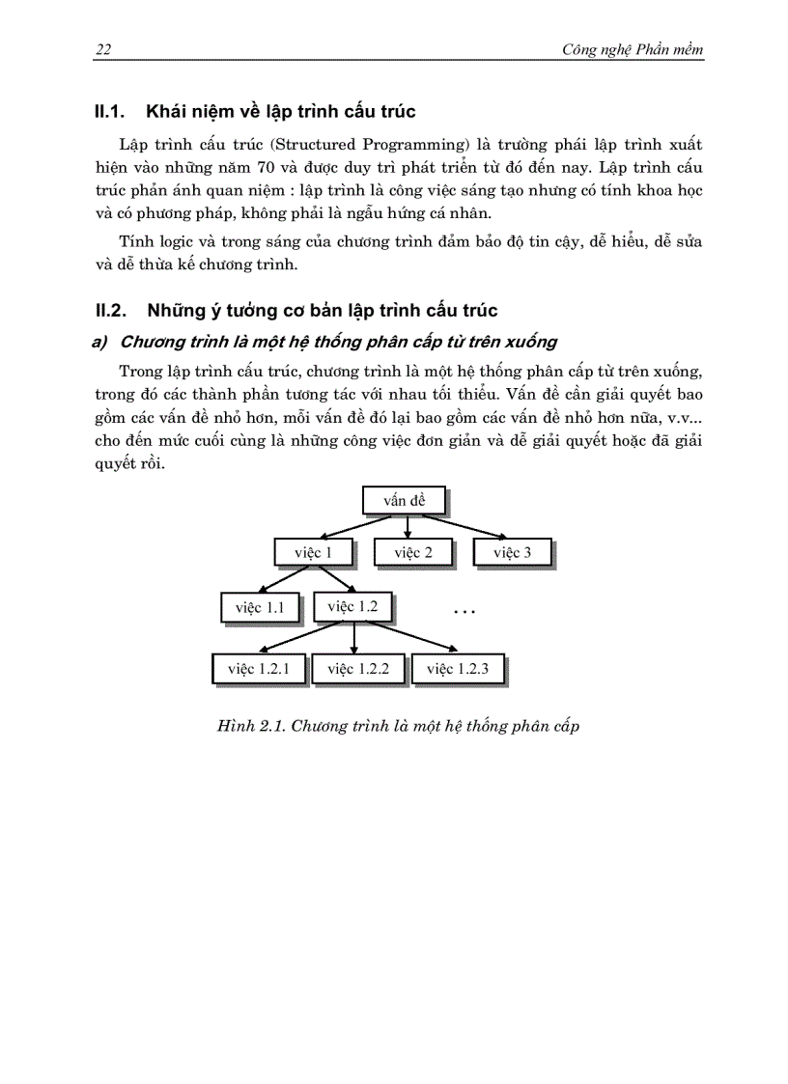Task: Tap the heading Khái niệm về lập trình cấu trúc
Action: coord(280,112)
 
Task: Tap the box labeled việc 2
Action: coord(412,552)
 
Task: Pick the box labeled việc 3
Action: coord(512,552)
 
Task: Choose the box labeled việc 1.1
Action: coord(261,608)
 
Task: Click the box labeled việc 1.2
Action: coord(353,606)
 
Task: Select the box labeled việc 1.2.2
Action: coord(357,668)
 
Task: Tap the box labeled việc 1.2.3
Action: coord(458,668)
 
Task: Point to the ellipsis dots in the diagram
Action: coord(464,612)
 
